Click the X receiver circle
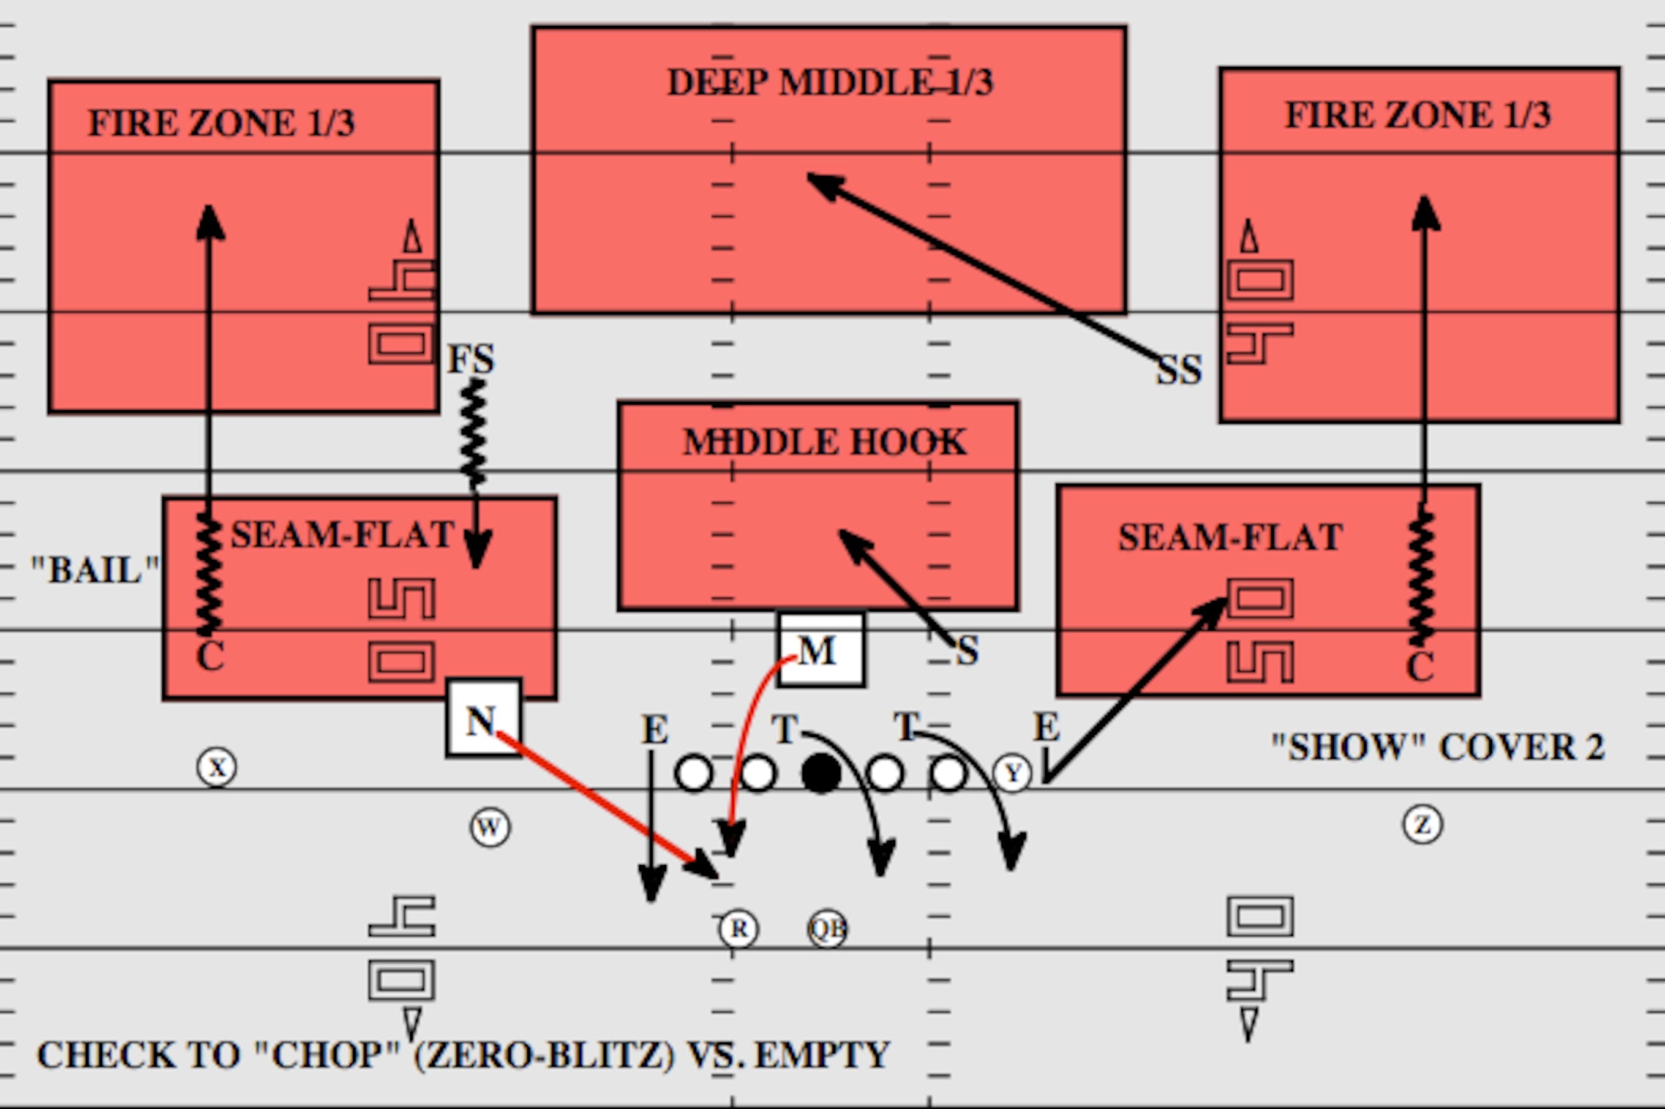tap(217, 767)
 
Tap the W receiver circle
tap(490, 827)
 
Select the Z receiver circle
tap(1422, 825)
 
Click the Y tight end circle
tap(1013, 773)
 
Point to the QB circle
tap(827, 928)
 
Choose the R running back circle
tap(739, 928)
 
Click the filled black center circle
tap(821, 773)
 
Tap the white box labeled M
tap(821, 649)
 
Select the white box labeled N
tap(485, 719)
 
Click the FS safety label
tap(472, 359)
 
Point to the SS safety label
tap(1179, 370)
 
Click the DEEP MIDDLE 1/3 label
tap(830, 82)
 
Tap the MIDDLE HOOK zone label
tap(824, 442)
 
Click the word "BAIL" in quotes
tap(96, 570)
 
